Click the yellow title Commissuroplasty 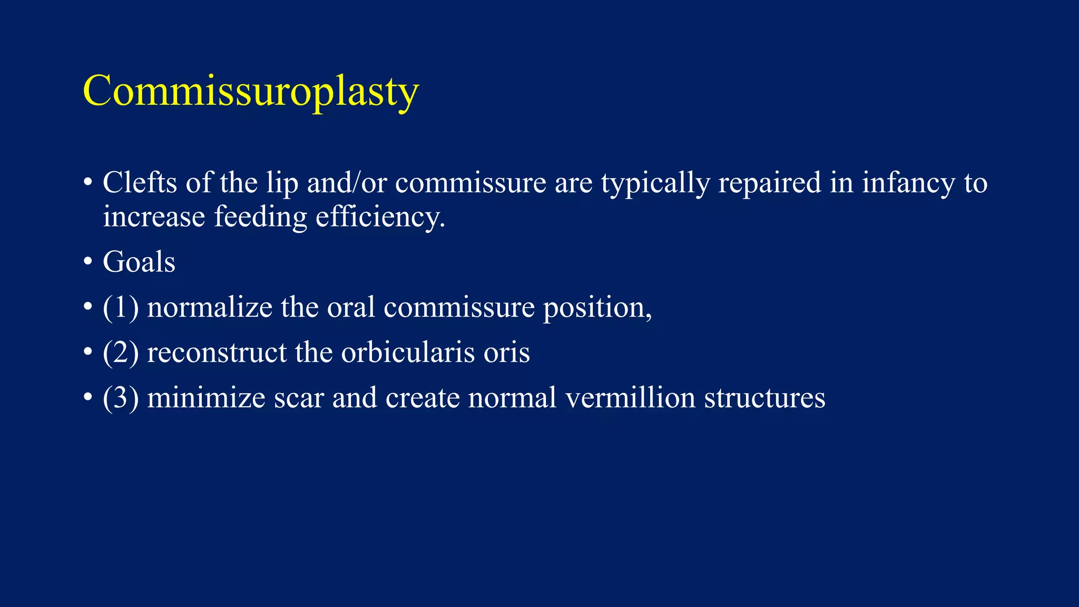[x=251, y=91]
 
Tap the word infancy [x=908, y=183]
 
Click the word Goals [x=139, y=262]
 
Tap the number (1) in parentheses [x=121, y=307]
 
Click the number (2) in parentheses [x=121, y=353]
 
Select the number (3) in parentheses [x=121, y=398]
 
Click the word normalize [x=209, y=307]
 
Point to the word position [x=597, y=307]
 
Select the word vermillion [x=630, y=398]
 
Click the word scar [x=298, y=398]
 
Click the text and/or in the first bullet [x=347, y=183]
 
